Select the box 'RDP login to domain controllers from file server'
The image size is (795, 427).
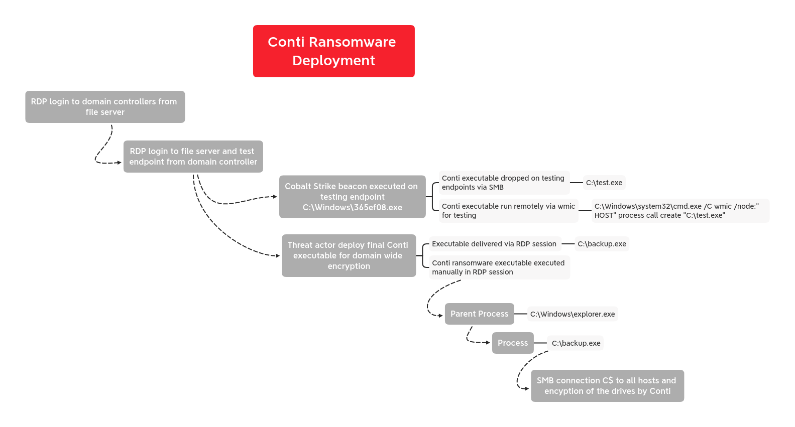click(x=105, y=107)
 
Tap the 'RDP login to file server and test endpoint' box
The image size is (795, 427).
click(x=193, y=157)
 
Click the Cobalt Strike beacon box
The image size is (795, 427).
click(x=352, y=197)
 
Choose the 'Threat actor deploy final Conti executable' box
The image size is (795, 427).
click(x=349, y=255)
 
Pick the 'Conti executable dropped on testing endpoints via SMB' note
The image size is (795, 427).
click(x=503, y=183)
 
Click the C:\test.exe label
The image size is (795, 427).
click(x=604, y=183)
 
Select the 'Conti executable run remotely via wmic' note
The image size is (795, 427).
click(x=508, y=211)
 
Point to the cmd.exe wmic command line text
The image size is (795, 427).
click(x=679, y=211)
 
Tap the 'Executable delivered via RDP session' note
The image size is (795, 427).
click(x=494, y=244)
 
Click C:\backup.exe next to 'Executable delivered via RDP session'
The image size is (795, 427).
click(x=602, y=244)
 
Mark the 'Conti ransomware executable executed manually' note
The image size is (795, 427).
click(x=498, y=267)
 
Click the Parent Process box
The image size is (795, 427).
click(x=479, y=314)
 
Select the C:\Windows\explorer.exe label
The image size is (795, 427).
click(x=573, y=314)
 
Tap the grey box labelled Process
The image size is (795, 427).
click(x=513, y=343)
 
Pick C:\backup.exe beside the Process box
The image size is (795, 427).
click(x=576, y=343)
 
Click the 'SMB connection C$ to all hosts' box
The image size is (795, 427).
click(x=607, y=386)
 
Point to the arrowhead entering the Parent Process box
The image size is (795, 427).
click(x=440, y=316)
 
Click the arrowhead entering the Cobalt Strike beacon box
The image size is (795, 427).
click(x=275, y=197)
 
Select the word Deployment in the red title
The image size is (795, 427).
click(x=333, y=61)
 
